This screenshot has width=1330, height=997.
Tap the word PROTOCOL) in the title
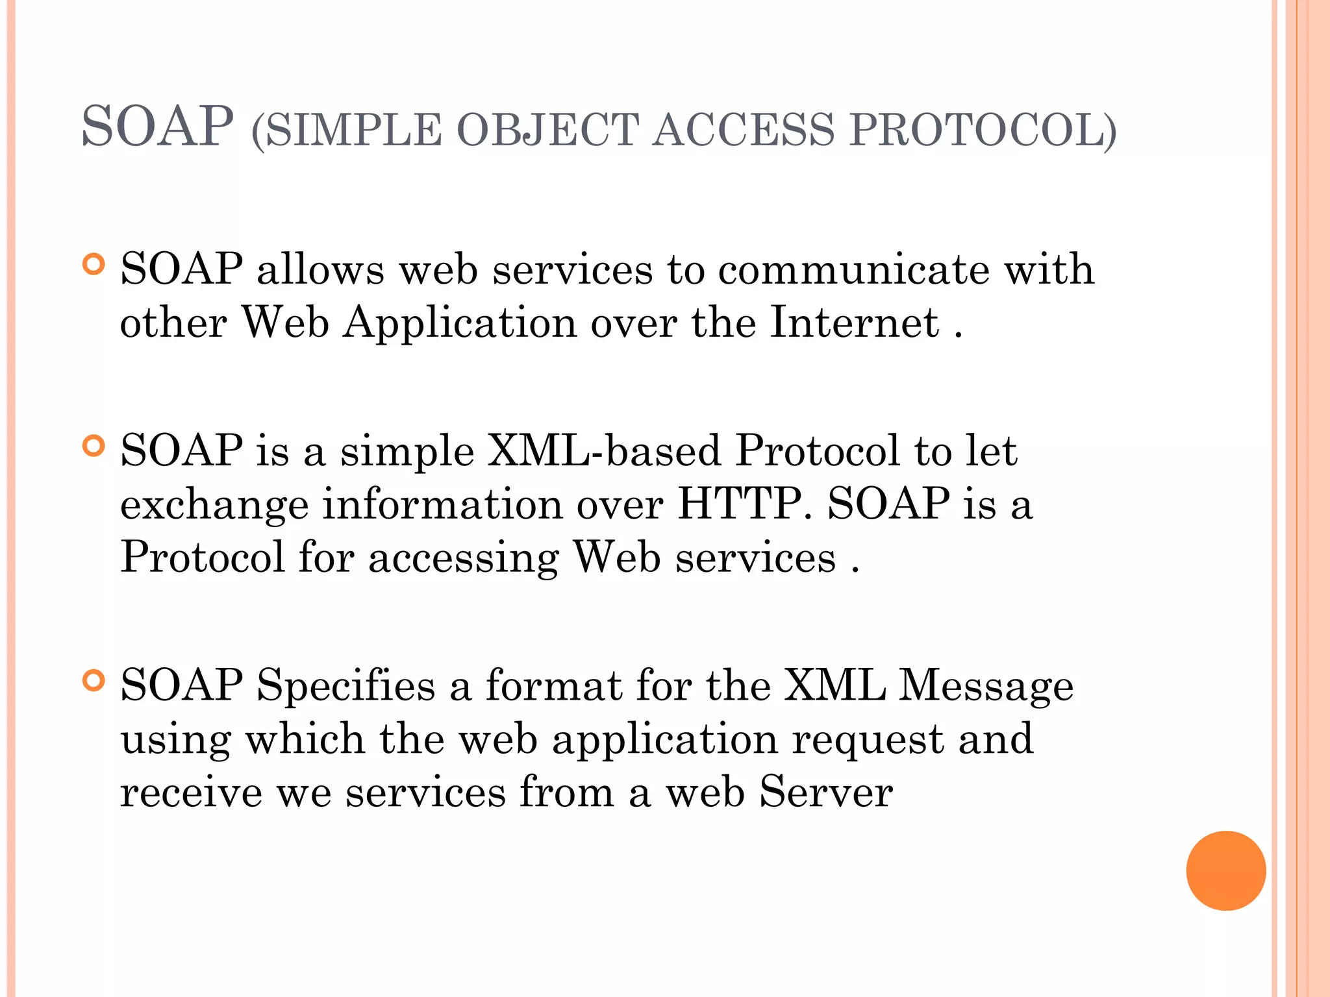pyautogui.click(x=983, y=129)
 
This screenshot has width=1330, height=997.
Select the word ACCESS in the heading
pyautogui.click(x=743, y=129)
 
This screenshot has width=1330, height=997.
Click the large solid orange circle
pyautogui.click(x=1225, y=870)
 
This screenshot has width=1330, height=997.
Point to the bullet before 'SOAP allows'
pyautogui.click(x=94, y=264)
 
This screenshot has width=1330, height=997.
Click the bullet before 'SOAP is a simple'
pyautogui.click(x=94, y=446)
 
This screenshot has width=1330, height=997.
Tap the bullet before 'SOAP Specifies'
pyautogui.click(x=94, y=681)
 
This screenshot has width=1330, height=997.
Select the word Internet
pyautogui.click(x=854, y=323)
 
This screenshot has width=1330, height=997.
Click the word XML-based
pyautogui.click(x=604, y=450)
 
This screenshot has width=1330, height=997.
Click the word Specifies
pyautogui.click(x=345, y=687)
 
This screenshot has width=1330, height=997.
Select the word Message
pyautogui.click(x=986, y=687)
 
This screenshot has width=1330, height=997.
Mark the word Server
pyautogui.click(x=826, y=793)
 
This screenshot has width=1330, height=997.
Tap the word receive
pyautogui.click(x=191, y=793)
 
